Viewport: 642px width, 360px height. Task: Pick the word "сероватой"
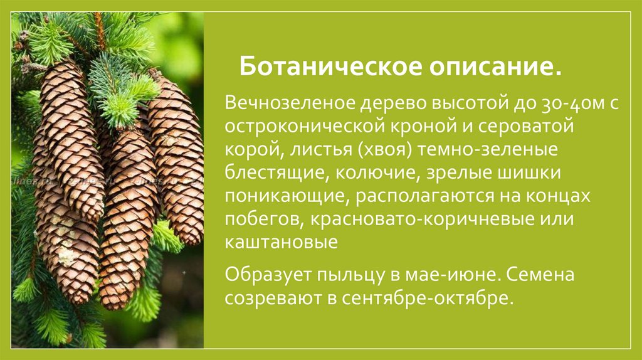[x=540, y=127]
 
